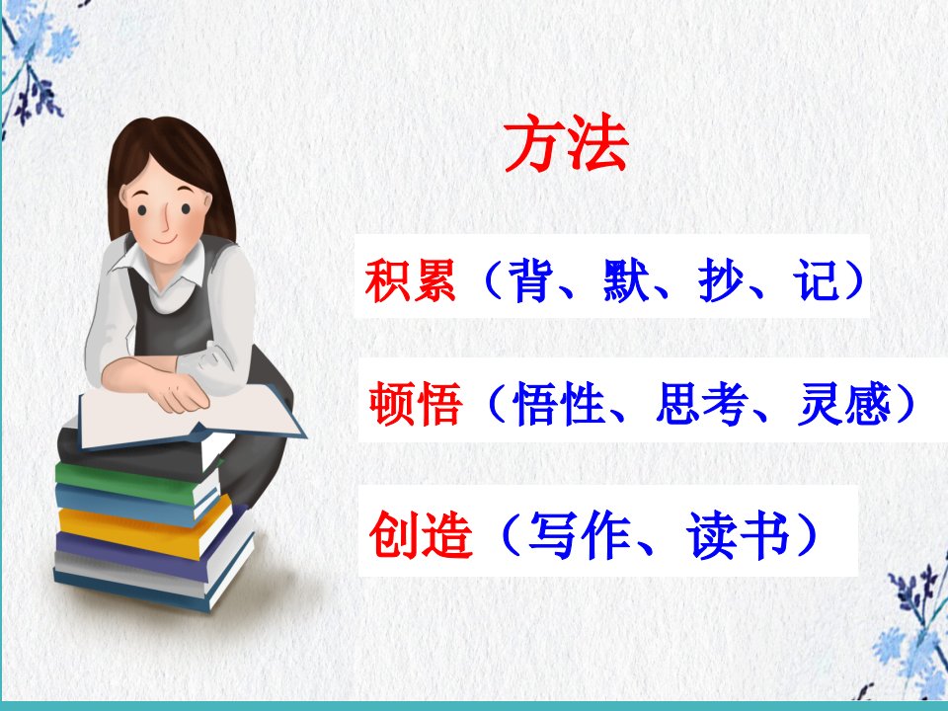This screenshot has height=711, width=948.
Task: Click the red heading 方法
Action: pos(566,143)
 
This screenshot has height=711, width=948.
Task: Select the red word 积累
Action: pos(410,279)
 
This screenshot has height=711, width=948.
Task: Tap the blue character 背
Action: pos(531,279)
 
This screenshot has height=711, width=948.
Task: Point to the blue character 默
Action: pos(626,279)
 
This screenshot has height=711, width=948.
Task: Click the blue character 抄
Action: pos(721,279)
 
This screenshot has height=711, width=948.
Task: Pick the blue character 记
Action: pos(817,279)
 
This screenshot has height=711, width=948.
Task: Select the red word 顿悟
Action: pos(416,403)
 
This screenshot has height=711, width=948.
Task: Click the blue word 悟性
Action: pos(559,403)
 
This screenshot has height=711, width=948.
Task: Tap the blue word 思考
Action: pos(701,403)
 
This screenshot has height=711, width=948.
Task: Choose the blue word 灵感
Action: pos(844,403)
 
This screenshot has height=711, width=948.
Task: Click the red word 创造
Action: pos(421,534)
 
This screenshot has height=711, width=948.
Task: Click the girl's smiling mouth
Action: pos(165,240)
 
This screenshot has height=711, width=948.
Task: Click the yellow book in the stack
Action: pos(145,527)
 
